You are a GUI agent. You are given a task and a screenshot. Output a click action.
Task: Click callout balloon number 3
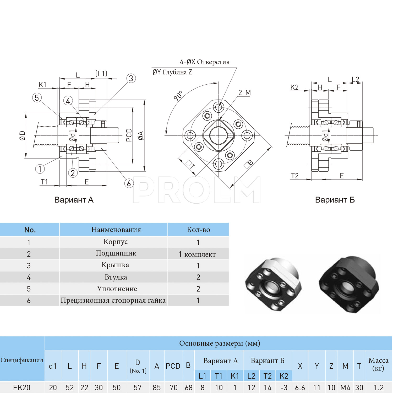(131, 78)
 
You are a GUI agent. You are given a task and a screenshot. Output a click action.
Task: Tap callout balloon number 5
(37, 98)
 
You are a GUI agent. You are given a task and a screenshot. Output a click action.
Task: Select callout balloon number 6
(129, 183)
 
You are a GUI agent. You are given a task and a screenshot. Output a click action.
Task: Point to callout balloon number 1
(40, 169)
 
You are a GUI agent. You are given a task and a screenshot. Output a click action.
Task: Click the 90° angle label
(178, 96)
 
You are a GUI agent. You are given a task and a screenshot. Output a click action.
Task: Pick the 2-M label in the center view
(244, 92)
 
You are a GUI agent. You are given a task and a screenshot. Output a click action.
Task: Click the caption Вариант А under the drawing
(74, 200)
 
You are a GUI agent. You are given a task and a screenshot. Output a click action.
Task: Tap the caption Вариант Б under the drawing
(335, 200)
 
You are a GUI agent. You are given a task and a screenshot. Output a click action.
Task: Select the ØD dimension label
(22, 135)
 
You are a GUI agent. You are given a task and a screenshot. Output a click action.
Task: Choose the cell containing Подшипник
(116, 253)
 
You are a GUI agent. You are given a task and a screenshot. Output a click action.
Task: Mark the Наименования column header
(116, 230)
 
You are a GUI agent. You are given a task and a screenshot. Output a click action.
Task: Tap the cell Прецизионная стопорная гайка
(113, 300)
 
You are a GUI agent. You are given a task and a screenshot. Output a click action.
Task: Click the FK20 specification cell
(22, 387)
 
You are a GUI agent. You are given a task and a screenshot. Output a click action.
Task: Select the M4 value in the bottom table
(345, 387)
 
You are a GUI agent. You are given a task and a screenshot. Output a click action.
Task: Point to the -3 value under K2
(284, 387)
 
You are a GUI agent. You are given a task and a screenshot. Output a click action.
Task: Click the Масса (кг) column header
(378, 364)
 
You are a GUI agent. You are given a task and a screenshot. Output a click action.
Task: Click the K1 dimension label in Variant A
(42, 85)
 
